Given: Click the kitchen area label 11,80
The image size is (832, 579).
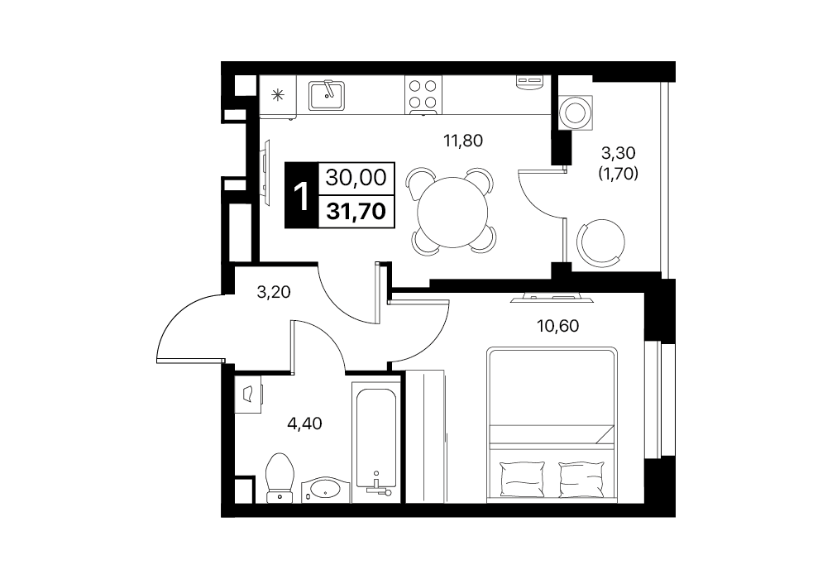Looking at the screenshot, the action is pyautogui.click(x=463, y=141).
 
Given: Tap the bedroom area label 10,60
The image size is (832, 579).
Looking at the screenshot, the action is pyautogui.click(x=557, y=325).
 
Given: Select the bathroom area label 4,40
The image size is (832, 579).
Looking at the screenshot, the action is pyautogui.click(x=304, y=423).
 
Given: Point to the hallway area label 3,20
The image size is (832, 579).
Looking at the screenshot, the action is pyautogui.click(x=274, y=292).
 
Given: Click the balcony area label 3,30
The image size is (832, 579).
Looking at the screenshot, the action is pyautogui.click(x=618, y=153).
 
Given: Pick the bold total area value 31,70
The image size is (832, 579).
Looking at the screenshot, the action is pyautogui.click(x=356, y=212).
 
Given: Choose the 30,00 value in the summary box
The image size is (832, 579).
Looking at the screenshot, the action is pyautogui.click(x=356, y=178).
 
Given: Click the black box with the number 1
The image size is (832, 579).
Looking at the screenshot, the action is pyautogui.click(x=302, y=194).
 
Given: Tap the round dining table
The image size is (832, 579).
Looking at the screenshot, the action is pyautogui.click(x=452, y=212).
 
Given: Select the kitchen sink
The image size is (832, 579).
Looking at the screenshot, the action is pyautogui.click(x=327, y=95).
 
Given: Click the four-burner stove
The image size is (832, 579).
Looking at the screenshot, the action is pyautogui.click(x=423, y=95).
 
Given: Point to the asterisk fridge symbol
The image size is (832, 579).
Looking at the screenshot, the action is pyautogui.click(x=278, y=95).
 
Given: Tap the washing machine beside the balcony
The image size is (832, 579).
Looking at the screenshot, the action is pyautogui.click(x=575, y=112).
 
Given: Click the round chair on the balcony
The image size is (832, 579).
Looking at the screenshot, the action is pyautogui.click(x=600, y=242).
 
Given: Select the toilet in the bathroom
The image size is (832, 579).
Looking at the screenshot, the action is pyautogui.click(x=279, y=476).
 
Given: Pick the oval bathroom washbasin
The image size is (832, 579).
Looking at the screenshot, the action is pyautogui.click(x=325, y=489).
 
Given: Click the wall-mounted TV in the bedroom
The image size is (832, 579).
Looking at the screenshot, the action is pyautogui.click(x=552, y=298).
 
